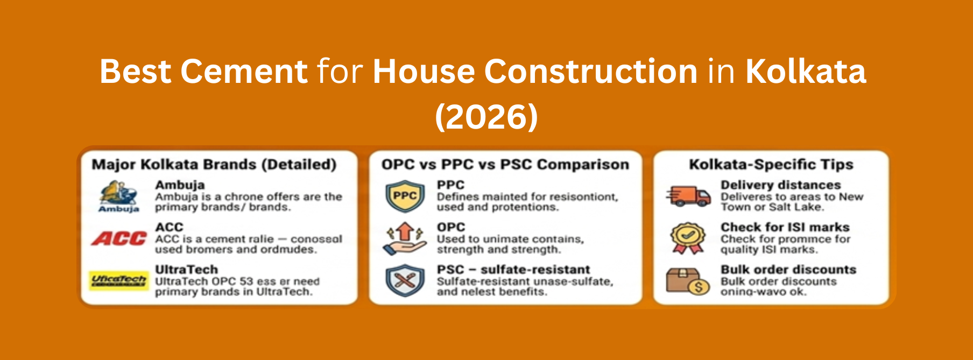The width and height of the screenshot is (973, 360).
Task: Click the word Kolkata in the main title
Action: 806,72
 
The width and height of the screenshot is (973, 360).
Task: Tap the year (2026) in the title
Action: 486,117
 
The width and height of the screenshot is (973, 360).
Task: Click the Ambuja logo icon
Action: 119,196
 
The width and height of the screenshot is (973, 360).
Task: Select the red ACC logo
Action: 119,238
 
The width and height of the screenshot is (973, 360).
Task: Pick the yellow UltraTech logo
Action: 119,280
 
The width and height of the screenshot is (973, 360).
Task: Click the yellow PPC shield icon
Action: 405,196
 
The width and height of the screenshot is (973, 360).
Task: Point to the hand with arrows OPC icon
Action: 405,238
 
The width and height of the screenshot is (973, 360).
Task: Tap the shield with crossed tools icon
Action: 405,280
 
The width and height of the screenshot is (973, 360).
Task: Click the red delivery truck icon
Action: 688,196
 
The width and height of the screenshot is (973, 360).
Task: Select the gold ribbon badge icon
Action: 687,238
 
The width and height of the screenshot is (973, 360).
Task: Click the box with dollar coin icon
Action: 687,280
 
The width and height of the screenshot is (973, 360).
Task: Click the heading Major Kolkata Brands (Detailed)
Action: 214,165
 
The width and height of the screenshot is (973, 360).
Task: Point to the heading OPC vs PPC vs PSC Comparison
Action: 505,165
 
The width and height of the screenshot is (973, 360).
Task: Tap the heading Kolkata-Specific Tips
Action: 771,165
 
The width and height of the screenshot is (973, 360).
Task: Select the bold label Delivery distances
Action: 780,185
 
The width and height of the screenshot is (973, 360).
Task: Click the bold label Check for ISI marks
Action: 785,227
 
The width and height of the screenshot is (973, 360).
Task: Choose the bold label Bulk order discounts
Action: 788,270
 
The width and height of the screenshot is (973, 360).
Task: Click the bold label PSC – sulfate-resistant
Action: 513,270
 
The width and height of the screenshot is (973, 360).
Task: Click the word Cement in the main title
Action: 244,72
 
